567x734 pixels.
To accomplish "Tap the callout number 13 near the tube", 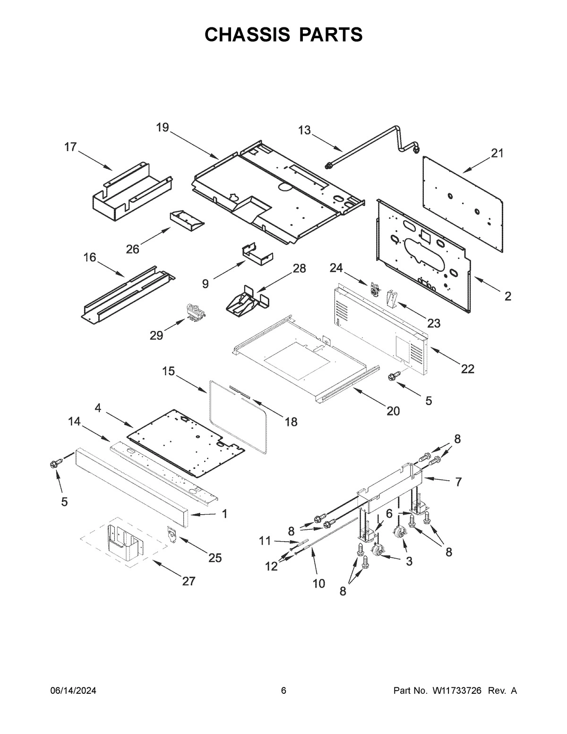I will coord(305,130).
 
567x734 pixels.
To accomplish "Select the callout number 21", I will coord(497,153).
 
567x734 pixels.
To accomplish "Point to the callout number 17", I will coord(70,147).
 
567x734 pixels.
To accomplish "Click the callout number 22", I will coord(467,369).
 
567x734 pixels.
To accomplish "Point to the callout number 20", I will coord(393,411).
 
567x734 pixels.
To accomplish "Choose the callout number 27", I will coord(189,581).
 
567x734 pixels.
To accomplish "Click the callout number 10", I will coord(319,583).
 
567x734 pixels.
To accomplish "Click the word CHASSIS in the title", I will coord(247,35).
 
